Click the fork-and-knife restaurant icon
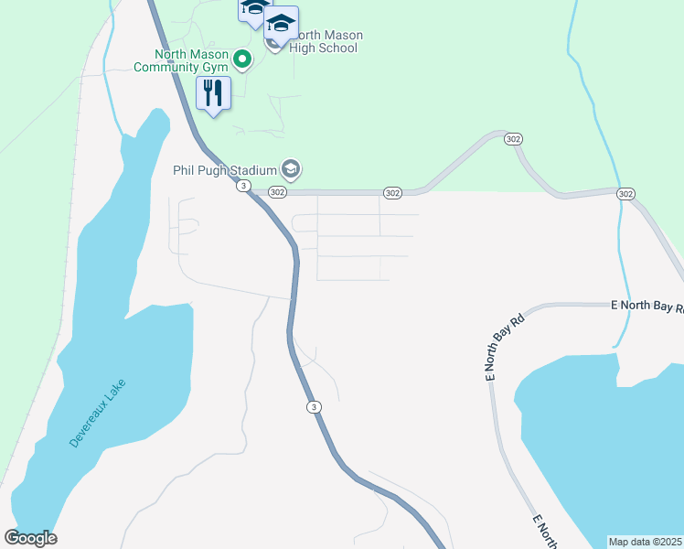click(x=213, y=92)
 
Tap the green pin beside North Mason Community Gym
click(x=242, y=60)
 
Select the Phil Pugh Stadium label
click(x=224, y=169)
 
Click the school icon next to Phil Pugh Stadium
click(x=291, y=168)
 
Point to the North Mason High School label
click(x=325, y=42)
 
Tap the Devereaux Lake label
click(x=98, y=414)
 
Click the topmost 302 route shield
click(x=513, y=138)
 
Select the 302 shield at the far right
click(x=625, y=194)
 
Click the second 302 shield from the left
click(x=392, y=193)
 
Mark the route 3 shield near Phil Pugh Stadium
click(x=242, y=186)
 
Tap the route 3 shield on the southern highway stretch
click(x=314, y=407)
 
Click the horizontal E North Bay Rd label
click(x=647, y=307)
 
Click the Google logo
click(x=30, y=538)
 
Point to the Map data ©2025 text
click(x=646, y=542)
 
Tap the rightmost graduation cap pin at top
click(x=282, y=22)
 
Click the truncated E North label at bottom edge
click(x=545, y=532)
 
